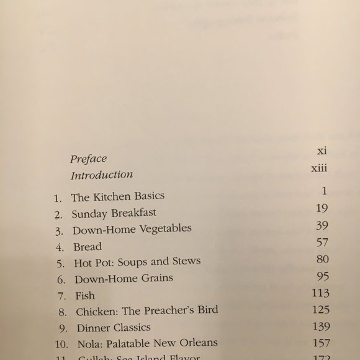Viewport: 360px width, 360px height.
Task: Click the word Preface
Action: [89, 159]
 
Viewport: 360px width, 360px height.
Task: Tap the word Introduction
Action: [102, 175]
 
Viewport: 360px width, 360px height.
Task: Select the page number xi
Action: [322, 151]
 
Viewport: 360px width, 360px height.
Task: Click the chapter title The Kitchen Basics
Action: [118, 198]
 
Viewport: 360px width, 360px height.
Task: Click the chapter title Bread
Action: [86, 246]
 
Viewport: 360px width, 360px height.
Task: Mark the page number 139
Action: [318, 326]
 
